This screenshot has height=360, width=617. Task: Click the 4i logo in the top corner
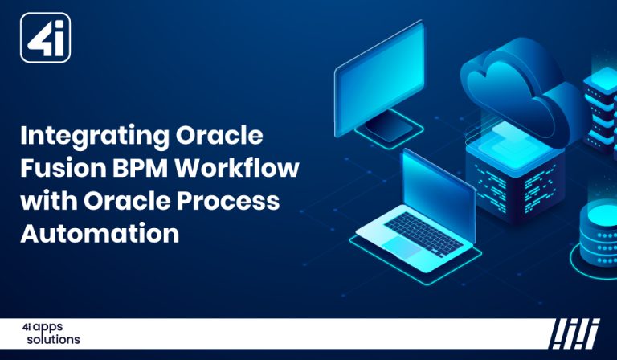click(x=45, y=38)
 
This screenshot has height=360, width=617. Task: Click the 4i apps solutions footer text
click(x=50, y=333)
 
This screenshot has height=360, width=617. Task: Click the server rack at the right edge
click(x=601, y=104)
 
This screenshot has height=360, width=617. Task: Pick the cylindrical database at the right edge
click(x=599, y=233)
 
